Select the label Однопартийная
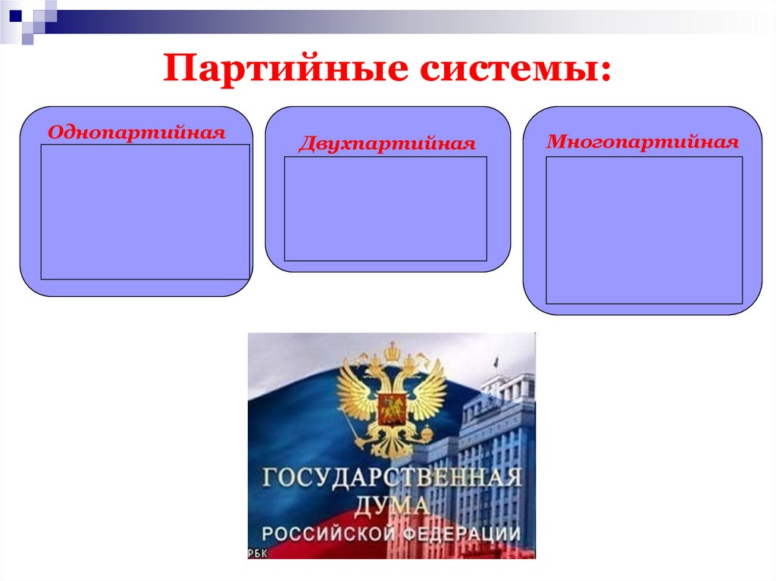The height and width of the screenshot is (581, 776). tap(136, 133)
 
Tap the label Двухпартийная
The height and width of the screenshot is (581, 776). tap(386, 144)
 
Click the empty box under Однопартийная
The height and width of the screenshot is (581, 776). tap(145, 211)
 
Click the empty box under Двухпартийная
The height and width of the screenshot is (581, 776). tap(385, 208)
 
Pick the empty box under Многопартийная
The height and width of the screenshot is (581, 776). tap(644, 230)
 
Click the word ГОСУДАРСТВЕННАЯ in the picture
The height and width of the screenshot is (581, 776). tap(392, 479)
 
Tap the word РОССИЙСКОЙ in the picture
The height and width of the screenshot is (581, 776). tap(327, 533)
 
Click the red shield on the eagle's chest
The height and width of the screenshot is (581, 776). tap(391, 408)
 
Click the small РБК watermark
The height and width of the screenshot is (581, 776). tap(257, 553)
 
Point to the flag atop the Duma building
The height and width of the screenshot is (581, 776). tap(496, 362)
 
